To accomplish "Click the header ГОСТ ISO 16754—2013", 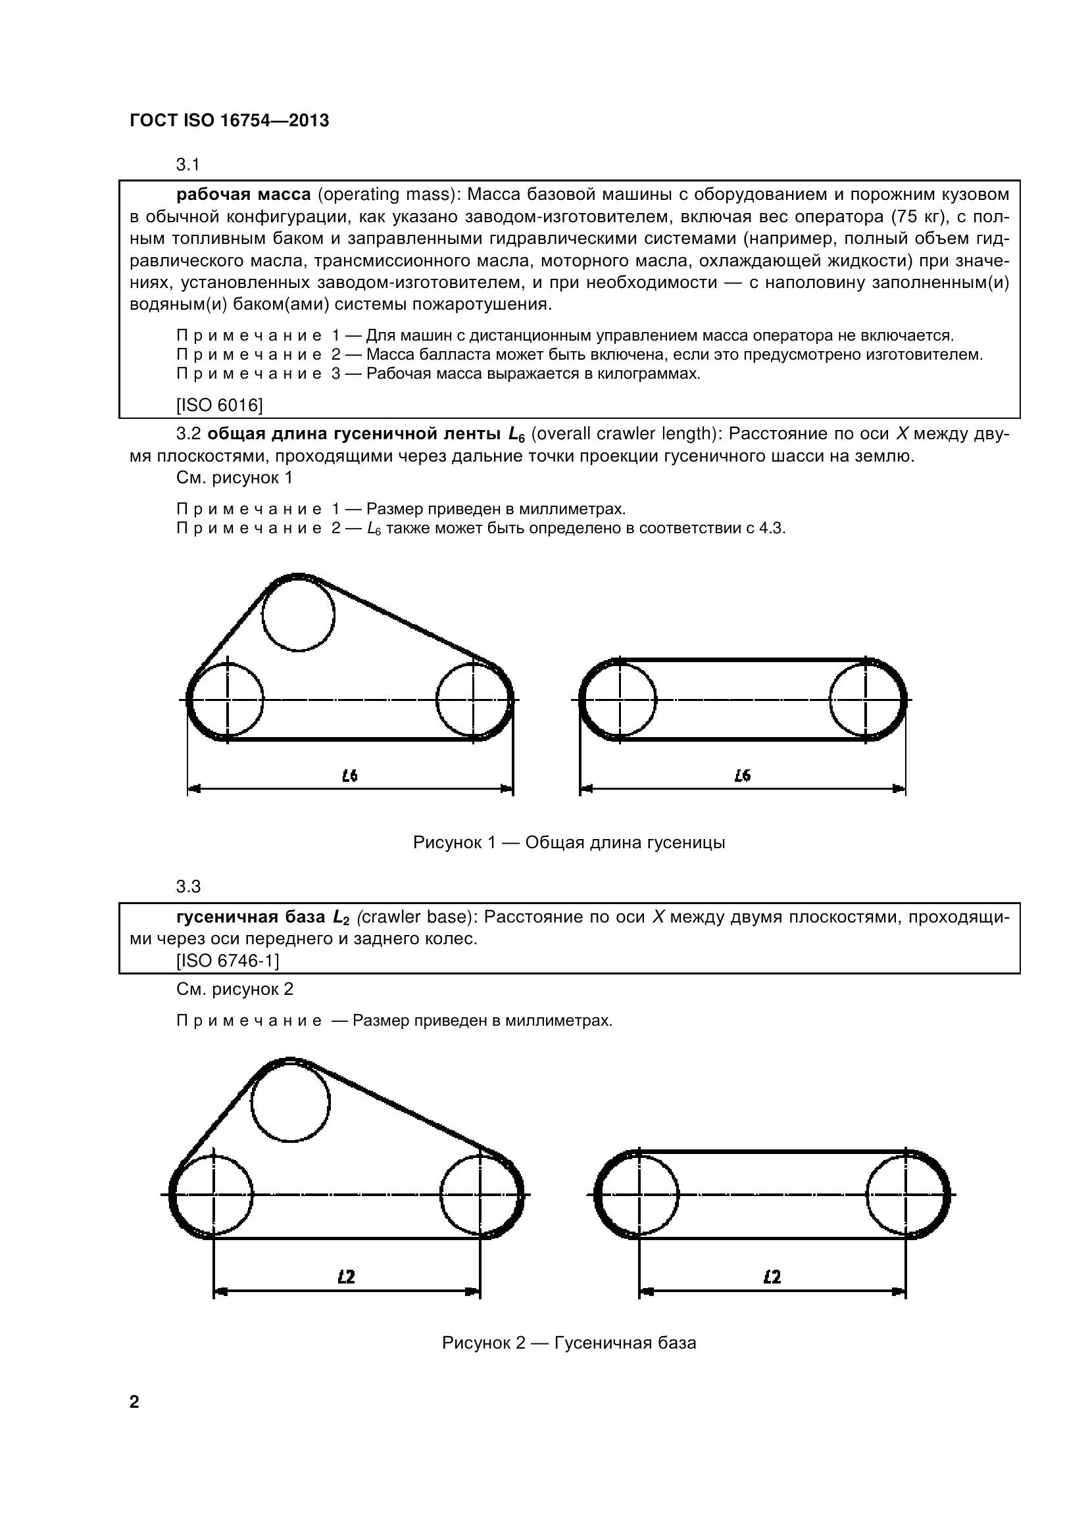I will (x=229, y=120).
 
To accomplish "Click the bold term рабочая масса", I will (x=243, y=194).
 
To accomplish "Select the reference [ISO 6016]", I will (x=219, y=404).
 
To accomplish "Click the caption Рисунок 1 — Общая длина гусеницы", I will (x=569, y=842).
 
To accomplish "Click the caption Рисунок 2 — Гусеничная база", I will (x=569, y=1343).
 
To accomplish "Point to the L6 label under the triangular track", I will (x=350, y=776).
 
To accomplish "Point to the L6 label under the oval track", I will (x=742, y=776).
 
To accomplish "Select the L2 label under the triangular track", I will (x=346, y=1277).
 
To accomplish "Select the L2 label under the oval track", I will (x=772, y=1277).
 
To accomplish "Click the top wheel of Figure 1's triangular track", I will (x=298, y=614).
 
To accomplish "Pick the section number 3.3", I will (x=188, y=886).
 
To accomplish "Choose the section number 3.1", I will (x=188, y=164).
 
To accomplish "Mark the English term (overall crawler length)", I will (x=624, y=434).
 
